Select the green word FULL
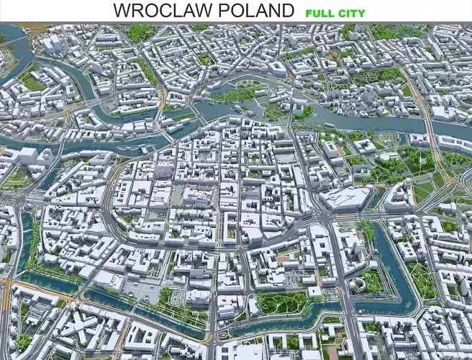coord(320,13)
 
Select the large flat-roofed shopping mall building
coord(346,197)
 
